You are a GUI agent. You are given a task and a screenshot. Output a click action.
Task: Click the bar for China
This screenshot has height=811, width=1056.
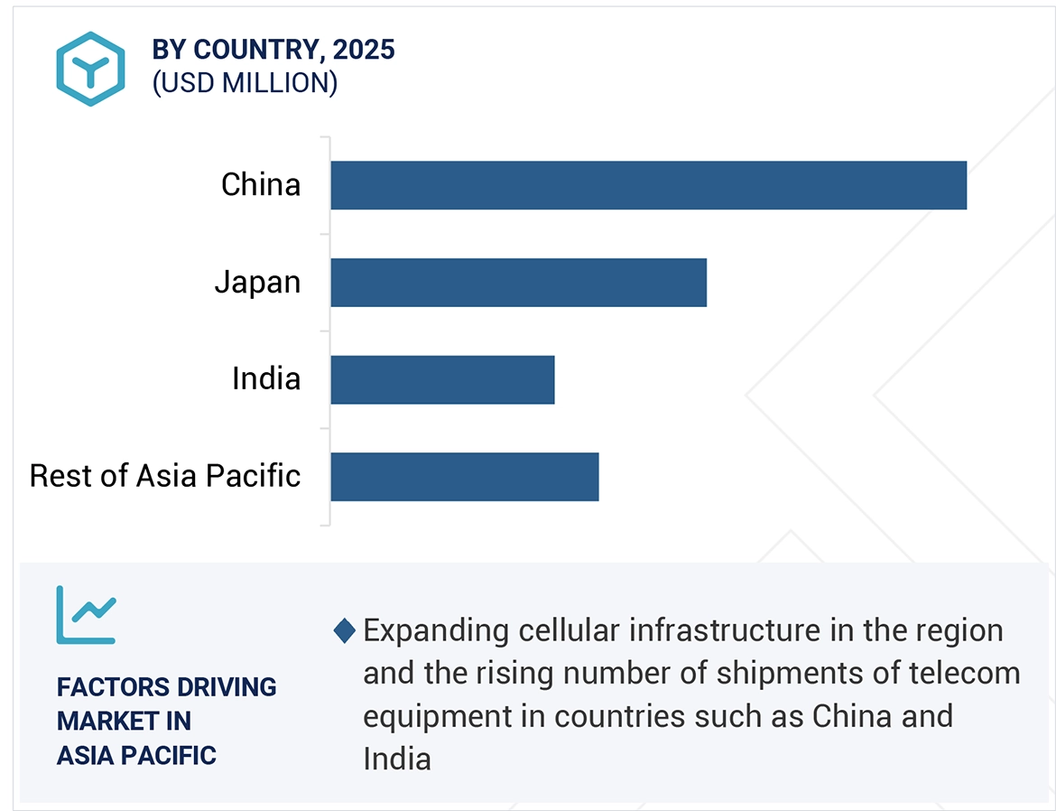click(x=648, y=185)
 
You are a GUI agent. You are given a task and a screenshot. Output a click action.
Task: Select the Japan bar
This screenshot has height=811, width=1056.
click(x=518, y=283)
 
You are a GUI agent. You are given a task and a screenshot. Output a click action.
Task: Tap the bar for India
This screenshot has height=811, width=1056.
click(x=442, y=379)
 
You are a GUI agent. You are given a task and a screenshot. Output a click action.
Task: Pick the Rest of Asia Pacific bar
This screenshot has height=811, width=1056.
click(x=464, y=476)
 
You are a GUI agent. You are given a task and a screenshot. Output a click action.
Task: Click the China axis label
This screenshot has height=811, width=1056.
click(x=261, y=185)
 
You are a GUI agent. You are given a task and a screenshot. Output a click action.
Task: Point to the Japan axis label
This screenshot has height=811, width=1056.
click(x=257, y=283)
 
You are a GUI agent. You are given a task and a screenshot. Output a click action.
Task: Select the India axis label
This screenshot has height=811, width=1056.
click(x=266, y=379)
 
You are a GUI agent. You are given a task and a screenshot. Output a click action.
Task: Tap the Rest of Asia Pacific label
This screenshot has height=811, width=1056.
click(x=165, y=476)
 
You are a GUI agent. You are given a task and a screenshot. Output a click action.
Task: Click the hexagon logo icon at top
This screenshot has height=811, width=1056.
click(x=89, y=69)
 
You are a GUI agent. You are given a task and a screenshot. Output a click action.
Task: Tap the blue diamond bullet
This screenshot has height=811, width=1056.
click(x=344, y=630)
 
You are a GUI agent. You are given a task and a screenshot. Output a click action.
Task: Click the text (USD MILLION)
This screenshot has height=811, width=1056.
click(x=245, y=83)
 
